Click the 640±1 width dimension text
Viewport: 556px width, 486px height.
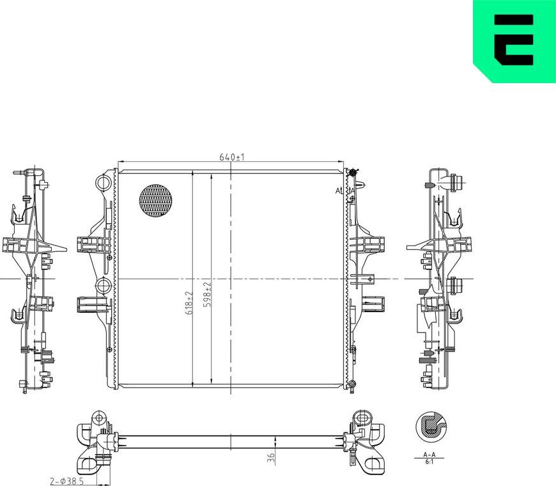tap(233, 157)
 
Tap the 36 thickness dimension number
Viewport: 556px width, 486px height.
tap(271, 458)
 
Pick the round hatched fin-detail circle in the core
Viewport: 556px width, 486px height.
tap(157, 201)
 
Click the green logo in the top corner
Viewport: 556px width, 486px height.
tap(514, 41)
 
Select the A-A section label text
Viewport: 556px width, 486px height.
tap(429, 455)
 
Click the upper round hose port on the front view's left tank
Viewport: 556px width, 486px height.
tap(103, 184)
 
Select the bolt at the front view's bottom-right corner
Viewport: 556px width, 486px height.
tap(351, 384)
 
